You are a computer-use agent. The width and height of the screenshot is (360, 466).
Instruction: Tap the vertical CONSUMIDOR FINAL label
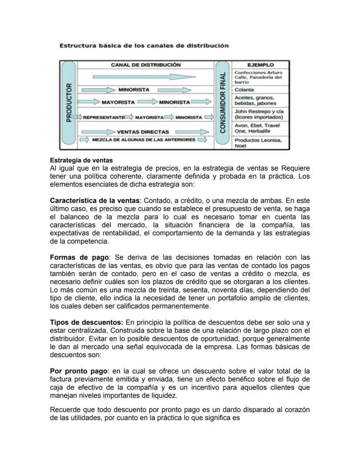pyautogui.click(x=223, y=103)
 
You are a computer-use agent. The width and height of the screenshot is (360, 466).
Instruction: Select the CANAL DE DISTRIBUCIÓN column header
pyautogui.click(x=146, y=65)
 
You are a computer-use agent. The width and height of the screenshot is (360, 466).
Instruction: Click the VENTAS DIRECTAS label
pyautogui.click(x=143, y=132)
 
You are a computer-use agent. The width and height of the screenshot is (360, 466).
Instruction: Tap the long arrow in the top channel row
pyautogui.click(x=135, y=77)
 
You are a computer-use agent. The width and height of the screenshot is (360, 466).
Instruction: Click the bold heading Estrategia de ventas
pyautogui.click(x=81, y=160)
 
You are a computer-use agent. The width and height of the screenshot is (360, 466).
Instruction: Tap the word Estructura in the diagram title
pyautogui.click(x=77, y=45)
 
